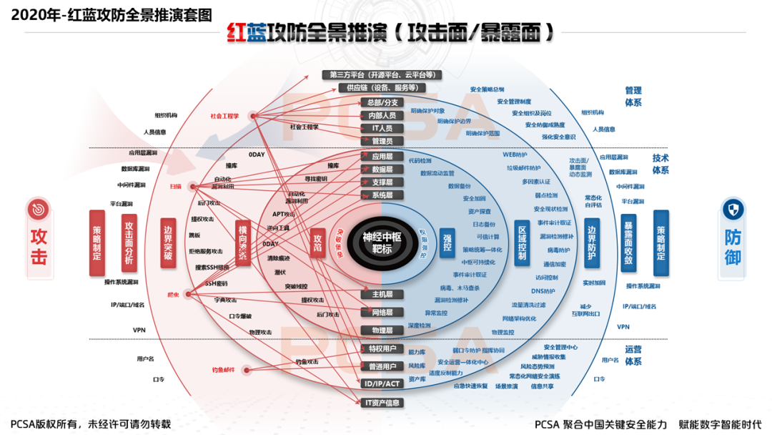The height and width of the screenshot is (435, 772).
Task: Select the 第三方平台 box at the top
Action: [x=381, y=74]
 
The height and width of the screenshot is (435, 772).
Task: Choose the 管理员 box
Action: [x=382, y=141]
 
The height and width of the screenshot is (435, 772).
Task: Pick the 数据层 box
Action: [x=382, y=170]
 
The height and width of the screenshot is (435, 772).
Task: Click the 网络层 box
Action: [x=382, y=313]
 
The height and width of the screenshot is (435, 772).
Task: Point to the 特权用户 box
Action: [x=382, y=349]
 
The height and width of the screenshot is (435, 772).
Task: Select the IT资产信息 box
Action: [x=382, y=403]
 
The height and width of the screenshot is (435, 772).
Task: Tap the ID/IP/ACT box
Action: [x=382, y=384]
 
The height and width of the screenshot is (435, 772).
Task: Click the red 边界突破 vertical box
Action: [x=168, y=243]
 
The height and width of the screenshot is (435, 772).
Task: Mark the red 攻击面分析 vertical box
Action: [x=129, y=243]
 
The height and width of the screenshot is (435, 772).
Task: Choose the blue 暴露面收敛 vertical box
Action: [x=628, y=243]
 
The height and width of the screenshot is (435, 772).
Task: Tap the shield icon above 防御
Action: [x=733, y=210]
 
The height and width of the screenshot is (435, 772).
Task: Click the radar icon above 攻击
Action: [x=39, y=210]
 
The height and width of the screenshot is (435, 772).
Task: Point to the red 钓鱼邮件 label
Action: [x=223, y=370]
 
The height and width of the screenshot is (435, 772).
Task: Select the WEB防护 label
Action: [x=515, y=155]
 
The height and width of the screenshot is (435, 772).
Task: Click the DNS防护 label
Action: [x=543, y=291]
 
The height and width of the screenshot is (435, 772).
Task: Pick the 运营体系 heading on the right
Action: [x=633, y=356]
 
